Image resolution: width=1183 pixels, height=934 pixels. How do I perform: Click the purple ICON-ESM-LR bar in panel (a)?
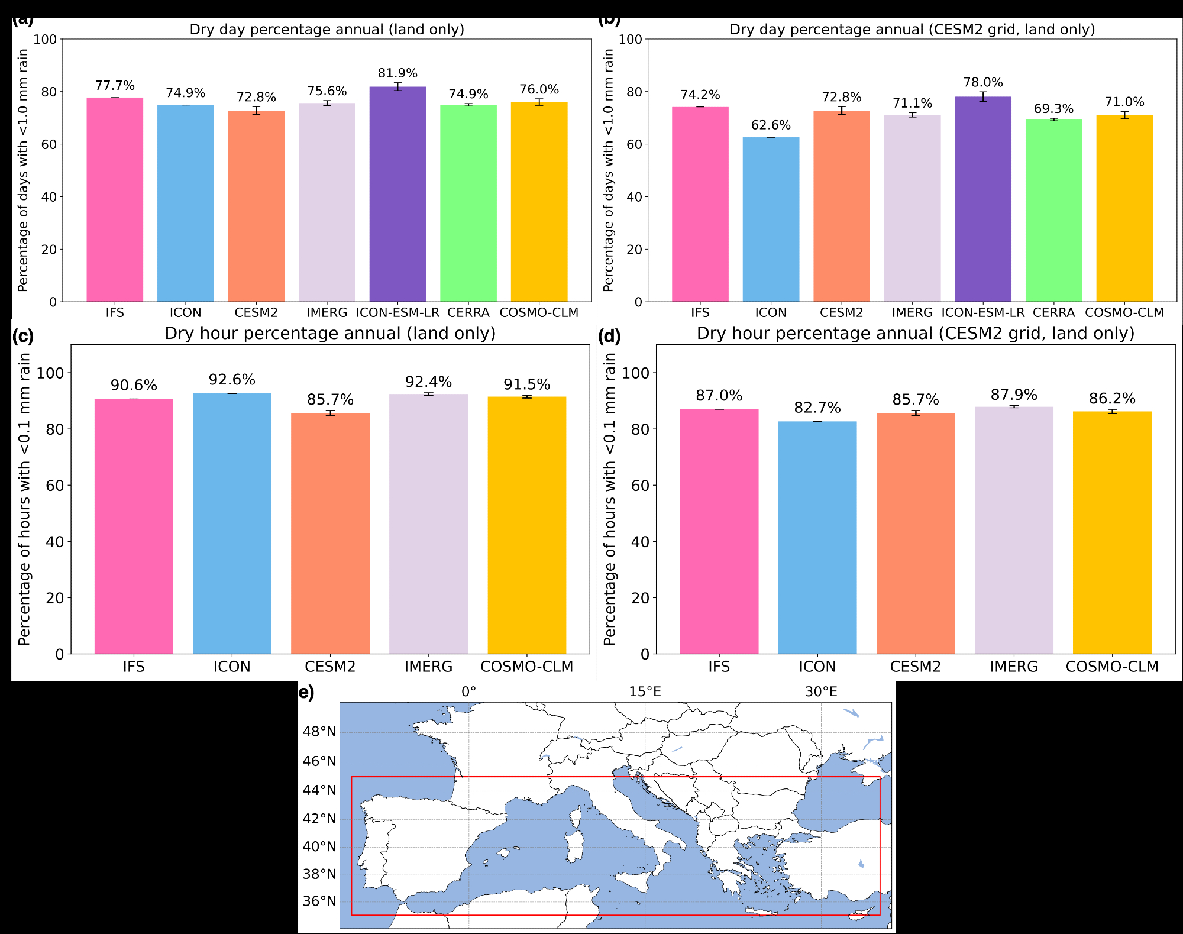coord(397,195)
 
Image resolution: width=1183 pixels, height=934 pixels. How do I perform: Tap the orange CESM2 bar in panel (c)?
coord(330,532)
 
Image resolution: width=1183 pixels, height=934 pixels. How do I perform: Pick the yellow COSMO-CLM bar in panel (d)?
coord(1112,532)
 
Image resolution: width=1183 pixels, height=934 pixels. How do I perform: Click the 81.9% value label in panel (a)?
coord(397,73)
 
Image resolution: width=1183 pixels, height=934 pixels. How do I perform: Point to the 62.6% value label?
coord(771,125)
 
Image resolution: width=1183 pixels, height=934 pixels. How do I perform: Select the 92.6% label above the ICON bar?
coord(232,380)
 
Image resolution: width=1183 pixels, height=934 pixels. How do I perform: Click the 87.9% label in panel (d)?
coord(1014,395)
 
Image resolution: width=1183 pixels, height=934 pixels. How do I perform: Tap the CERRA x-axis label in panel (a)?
coord(468,313)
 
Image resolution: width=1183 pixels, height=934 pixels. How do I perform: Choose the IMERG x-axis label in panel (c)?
coord(428,667)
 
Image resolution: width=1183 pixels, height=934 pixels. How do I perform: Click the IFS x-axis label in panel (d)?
coord(719,667)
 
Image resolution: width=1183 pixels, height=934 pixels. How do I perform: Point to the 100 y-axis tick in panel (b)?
coord(630,40)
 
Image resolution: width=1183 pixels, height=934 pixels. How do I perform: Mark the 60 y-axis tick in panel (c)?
coord(55,486)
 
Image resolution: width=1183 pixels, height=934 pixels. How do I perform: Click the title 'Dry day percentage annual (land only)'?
coord(327,30)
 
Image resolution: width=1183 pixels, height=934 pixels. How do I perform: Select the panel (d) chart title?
coord(915,334)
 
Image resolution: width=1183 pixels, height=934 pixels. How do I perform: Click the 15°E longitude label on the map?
coord(645,692)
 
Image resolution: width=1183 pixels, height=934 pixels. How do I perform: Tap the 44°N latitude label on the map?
coord(319,790)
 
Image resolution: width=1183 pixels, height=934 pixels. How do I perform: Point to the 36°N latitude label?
coord(319,901)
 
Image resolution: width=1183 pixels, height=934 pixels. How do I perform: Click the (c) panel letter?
coord(23,337)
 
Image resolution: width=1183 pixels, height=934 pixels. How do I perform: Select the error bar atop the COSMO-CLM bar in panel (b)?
coord(1124,115)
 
